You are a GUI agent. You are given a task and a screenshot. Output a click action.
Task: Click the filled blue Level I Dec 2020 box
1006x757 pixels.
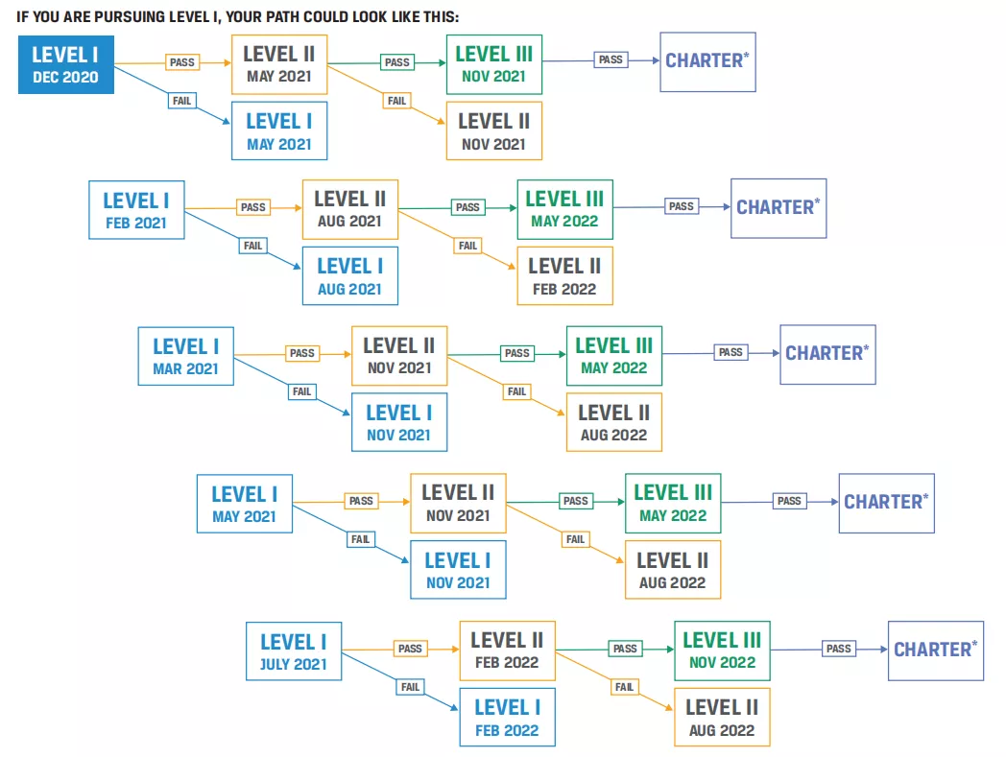[x=66, y=65]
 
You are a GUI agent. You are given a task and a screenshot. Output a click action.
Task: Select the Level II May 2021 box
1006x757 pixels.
[x=279, y=65]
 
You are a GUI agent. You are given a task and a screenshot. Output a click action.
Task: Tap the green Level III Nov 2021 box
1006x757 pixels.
[x=494, y=65]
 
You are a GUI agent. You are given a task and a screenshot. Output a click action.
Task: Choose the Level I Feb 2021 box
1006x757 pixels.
[x=136, y=210]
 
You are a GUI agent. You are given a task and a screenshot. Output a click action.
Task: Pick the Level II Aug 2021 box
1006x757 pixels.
[x=350, y=210]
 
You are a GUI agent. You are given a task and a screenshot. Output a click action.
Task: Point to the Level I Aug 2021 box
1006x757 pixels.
[x=350, y=276]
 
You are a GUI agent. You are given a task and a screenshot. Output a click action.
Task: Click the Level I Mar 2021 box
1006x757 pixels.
[x=186, y=356]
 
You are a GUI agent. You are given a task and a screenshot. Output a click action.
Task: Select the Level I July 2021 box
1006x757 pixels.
[x=294, y=651]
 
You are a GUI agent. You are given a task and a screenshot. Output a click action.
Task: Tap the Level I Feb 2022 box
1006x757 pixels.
[x=508, y=718]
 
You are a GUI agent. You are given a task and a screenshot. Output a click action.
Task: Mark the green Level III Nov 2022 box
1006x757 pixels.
[x=723, y=651]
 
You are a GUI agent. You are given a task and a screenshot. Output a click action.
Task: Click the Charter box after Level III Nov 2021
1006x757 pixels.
[x=708, y=62]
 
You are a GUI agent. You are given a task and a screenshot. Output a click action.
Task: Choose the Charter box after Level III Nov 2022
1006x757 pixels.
[x=936, y=651]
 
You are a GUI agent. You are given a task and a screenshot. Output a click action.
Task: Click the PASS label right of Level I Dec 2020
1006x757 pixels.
[x=182, y=62]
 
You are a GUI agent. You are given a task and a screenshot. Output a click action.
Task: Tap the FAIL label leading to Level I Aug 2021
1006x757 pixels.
[x=252, y=246]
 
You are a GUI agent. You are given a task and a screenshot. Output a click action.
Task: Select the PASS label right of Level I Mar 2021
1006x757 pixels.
[x=302, y=353]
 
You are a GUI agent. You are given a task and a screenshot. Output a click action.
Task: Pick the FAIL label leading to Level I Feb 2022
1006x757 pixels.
[x=410, y=687]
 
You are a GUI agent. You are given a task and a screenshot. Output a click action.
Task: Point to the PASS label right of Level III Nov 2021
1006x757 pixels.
[x=611, y=59]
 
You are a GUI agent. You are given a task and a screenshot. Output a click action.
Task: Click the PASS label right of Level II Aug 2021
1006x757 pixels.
[x=467, y=207]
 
